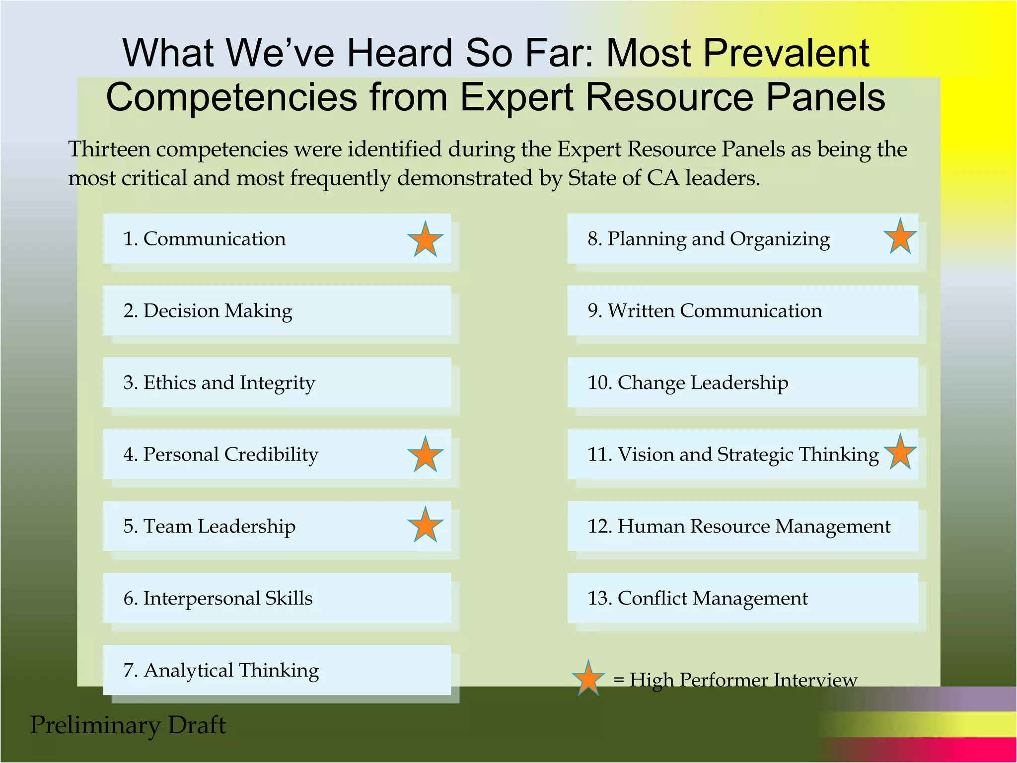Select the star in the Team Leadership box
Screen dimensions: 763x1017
(x=425, y=526)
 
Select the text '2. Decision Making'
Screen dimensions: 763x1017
(x=208, y=311)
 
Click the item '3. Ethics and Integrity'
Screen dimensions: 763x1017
(x=219, y=383)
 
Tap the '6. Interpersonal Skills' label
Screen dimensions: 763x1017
(x=218, y=599)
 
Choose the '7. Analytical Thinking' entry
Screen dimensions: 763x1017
(x=221, y=671)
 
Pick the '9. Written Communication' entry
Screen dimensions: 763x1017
(x=704, y=311)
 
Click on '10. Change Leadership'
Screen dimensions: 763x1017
(x=687, y=383)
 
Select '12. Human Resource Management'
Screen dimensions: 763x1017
(x=738, y=527)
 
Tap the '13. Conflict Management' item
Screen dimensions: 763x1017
(x=697, y=599)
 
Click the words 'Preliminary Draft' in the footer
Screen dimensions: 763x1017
(x=128, y=725)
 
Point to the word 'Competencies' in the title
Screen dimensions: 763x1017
(x=231, y=97)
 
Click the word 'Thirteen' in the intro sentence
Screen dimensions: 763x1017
(x=109, y=149)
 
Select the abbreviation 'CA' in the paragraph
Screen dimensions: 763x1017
(x=662, y=178)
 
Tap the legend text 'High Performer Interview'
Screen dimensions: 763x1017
(x=743, y=680)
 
